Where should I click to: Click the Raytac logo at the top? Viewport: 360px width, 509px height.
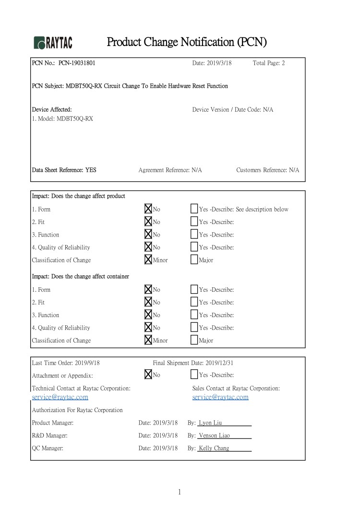tap(53, 43)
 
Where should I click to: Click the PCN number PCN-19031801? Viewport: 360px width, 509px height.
tap(80, 63)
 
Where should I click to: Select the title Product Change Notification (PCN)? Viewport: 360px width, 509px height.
tap(186, 42)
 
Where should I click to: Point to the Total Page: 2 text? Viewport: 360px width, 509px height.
tap(268, 63)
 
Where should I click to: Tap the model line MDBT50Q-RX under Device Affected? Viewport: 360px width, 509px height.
tap(62, 119)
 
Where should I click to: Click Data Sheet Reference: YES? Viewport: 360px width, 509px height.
tap(64, 170)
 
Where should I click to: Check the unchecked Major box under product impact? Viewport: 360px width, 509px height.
tap(194, 260)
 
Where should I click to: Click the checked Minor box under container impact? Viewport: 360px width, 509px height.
tap(148, 340)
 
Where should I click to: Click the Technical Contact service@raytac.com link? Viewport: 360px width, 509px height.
tap(60, 397)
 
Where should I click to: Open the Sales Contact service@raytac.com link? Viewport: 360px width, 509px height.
tap(220, 397)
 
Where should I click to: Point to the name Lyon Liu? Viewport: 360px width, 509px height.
tap(211, 423)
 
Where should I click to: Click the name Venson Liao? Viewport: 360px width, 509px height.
tap(215, 436)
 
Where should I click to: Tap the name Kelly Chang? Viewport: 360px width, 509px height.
tap(214, 448)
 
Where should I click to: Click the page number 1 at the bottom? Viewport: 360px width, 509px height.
tap(179, 492)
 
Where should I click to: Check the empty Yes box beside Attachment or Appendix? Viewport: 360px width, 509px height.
tap(194, 375)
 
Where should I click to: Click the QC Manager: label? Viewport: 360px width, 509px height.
tap(48, 448)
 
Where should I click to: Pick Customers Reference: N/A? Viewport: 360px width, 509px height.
tap(267, 170)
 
